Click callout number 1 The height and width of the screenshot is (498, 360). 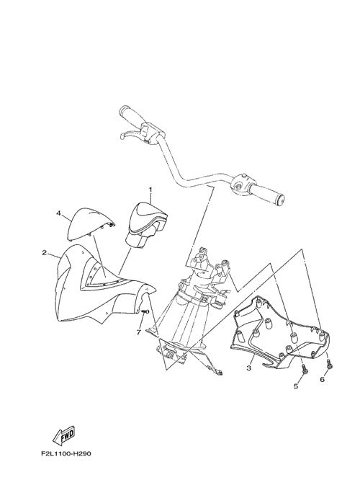pyautogui.click(x=150, y=190)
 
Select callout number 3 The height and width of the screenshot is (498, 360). pyautogui.click(x=249, y=368)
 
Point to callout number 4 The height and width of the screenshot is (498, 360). pyautogui.click(x=58, y=213)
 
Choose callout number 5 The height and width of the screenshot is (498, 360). pyautogui.click(x=296, y=386)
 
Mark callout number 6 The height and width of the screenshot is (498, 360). pyautogui.click(x=323, y=379)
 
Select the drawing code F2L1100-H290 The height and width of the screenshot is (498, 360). pyautogui.click(x=66, y=454)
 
